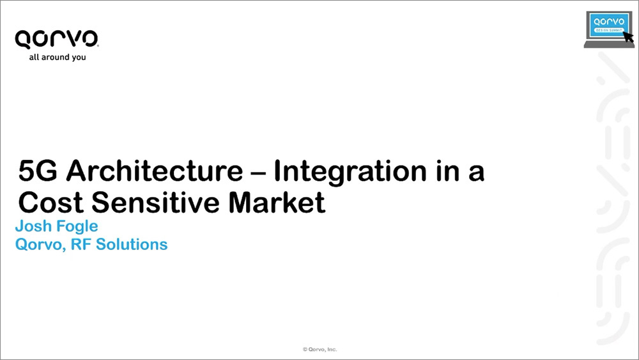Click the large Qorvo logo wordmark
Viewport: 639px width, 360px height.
tap(57, 39)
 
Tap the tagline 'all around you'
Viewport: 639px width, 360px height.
tap(58, 57)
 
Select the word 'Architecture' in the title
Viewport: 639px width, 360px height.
tap(155, 171)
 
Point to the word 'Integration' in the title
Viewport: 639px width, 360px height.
tap(350, 171)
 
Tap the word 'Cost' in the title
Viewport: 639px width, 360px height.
tap(51, 202)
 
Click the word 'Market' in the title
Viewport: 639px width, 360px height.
tap(277, 202)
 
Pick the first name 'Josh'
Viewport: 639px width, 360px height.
tap(33, 226)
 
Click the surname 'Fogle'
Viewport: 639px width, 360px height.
tap(77, 227)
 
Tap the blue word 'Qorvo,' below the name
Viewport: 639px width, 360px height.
tap(40, 245)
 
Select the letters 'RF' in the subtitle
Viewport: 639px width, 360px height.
tap(81, 244)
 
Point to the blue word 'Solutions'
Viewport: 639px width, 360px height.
tap(132, 244)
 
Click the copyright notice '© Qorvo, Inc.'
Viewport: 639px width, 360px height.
tap(320, 349)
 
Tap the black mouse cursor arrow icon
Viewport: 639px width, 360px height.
tap(629, 36)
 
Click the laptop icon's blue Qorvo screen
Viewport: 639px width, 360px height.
tap(609, 24)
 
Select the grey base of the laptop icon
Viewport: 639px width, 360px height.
tap(609, 44)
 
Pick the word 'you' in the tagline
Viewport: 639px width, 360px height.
tap(79, 58)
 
